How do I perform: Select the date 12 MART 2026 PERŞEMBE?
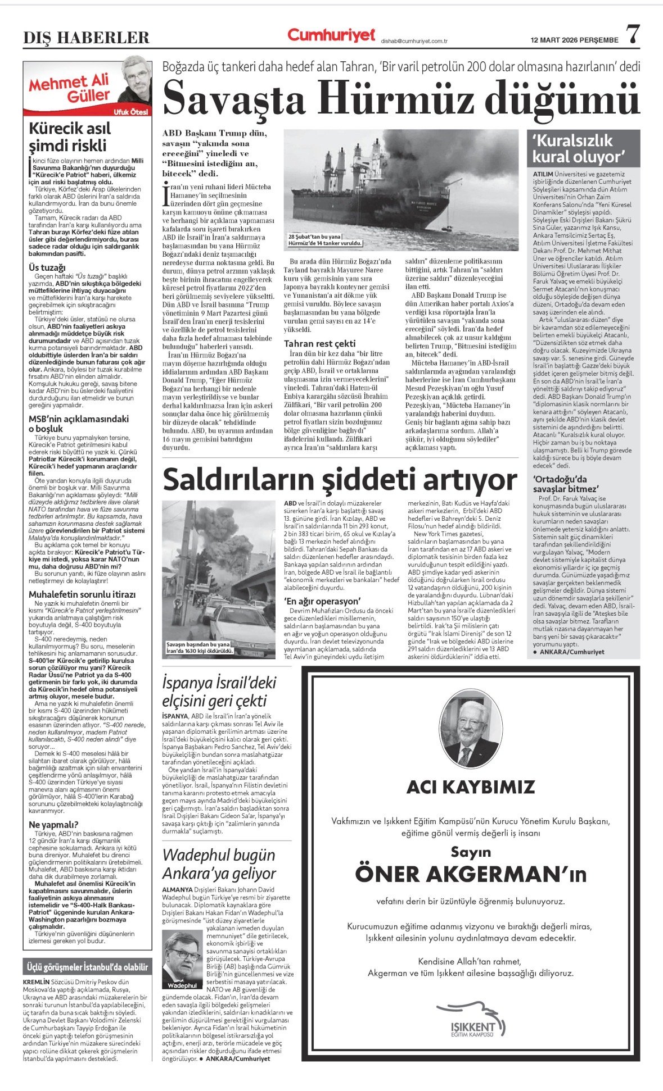coord(575,40)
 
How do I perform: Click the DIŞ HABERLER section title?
coord(86,38)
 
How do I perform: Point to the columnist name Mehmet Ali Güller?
coord(70,88)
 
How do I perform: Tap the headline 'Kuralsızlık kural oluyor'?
coord(579,148)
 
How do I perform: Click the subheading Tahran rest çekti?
coord(320,343)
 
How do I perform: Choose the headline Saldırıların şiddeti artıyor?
coord(340,480)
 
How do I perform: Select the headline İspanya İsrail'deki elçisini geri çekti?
coord(219,692)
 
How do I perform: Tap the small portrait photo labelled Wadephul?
coord(182,958)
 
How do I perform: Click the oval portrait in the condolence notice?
coord(470,726)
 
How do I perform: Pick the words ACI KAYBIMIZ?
coord(470,787)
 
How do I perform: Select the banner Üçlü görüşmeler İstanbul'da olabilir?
coord(88,967)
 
